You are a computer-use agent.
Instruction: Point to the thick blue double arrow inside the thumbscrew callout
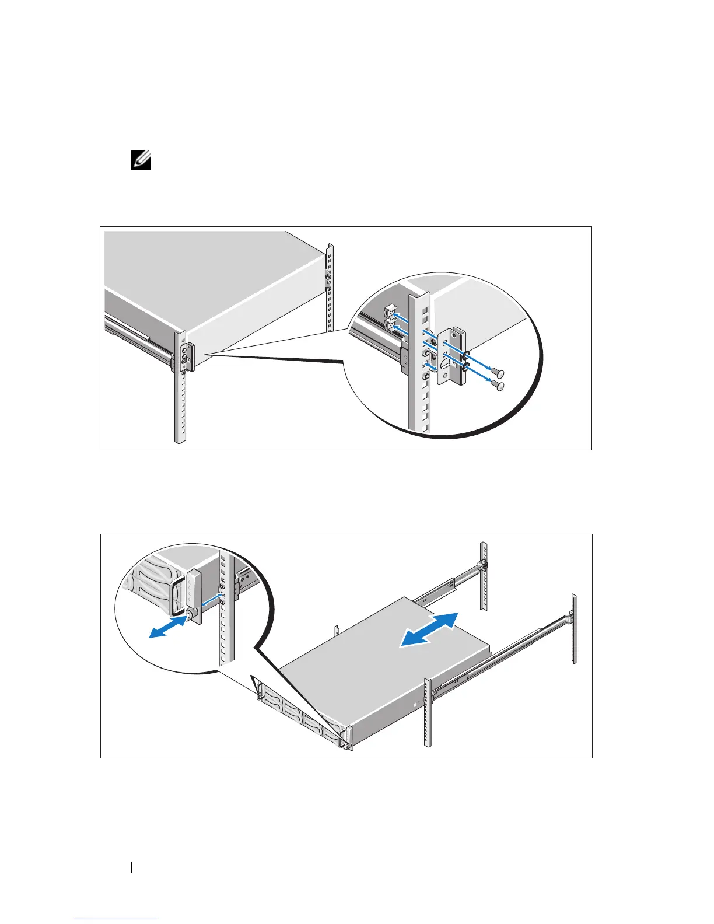(167, 629)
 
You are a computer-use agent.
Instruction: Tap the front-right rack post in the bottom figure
(428, 713)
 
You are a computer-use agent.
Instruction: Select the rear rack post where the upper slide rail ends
(483, 576)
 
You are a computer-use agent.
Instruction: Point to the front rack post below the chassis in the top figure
(180, 408)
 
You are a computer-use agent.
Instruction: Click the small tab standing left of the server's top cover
(337, 631)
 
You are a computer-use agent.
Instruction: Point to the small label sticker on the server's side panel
(415, 704)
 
